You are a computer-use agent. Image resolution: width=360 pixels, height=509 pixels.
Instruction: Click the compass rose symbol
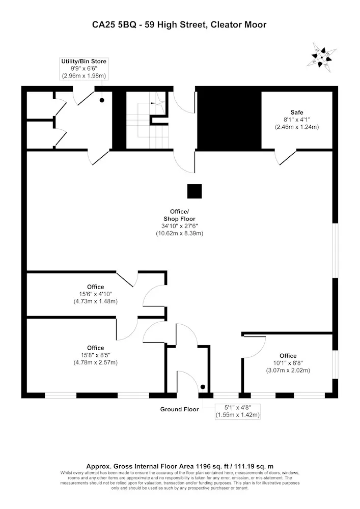click(321, 58)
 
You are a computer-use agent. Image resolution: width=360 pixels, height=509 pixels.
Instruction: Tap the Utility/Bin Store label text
click(84, 62)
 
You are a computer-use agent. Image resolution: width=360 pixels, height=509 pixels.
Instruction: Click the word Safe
click(297, 112)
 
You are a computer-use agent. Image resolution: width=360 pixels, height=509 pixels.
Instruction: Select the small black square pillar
click(195, 191)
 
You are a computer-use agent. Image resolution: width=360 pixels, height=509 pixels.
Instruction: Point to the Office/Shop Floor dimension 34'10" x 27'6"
click(180, 226)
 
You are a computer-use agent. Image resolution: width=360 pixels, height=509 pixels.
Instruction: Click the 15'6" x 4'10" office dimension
click(95, 294)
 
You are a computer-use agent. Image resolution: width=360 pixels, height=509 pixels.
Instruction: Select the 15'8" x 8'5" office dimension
click(95, 355)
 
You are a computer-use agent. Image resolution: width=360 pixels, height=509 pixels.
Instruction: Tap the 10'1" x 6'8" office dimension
click(288, 363)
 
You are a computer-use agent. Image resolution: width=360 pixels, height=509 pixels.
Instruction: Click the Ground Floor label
click(179, 409)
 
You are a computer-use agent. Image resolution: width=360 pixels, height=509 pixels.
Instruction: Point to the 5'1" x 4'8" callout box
click(238, 411)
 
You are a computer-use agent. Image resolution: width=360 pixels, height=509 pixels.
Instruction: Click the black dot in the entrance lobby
click(203, 387)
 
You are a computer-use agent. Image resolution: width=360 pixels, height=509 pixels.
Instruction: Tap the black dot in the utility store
click(102, 100)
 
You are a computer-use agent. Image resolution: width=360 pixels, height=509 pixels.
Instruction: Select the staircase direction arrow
click(158, 103)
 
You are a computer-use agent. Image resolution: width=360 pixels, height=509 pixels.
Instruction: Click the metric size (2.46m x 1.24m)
click(297, 127)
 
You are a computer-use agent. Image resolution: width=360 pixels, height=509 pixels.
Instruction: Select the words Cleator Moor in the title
click(239, 25)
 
